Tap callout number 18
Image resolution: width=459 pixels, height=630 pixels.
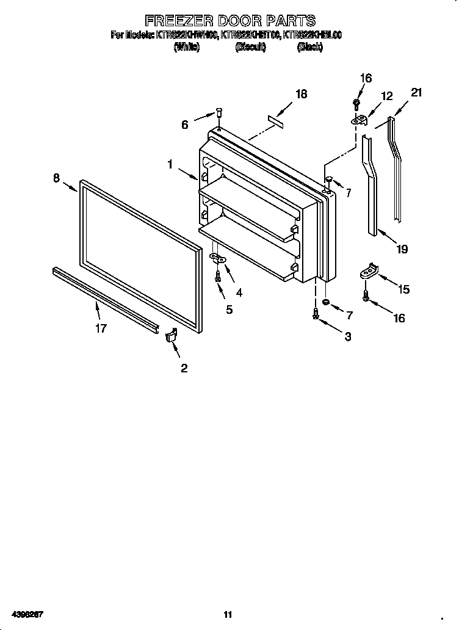(x=300, y=94)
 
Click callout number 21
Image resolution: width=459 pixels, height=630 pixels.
(x=416, y=93)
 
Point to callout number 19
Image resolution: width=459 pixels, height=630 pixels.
(x=402, y=249)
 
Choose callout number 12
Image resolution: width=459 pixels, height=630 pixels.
(x=387, y=96)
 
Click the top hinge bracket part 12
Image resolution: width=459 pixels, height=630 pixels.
(x=360, y=120)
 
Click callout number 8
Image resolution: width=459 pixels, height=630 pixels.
(x=56, y=178)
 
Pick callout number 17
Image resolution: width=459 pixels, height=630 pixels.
(x=101, y=328)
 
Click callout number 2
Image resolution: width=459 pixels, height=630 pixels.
(x=183, y=367)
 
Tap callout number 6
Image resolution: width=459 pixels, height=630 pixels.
(x=185, y=125)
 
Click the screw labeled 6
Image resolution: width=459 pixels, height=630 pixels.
(x=218, y=113)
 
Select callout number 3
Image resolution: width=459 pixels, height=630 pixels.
(x=347, y=336)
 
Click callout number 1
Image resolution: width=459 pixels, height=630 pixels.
(x=170, y=164)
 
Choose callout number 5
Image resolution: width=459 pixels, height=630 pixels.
(x=229, y=310)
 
